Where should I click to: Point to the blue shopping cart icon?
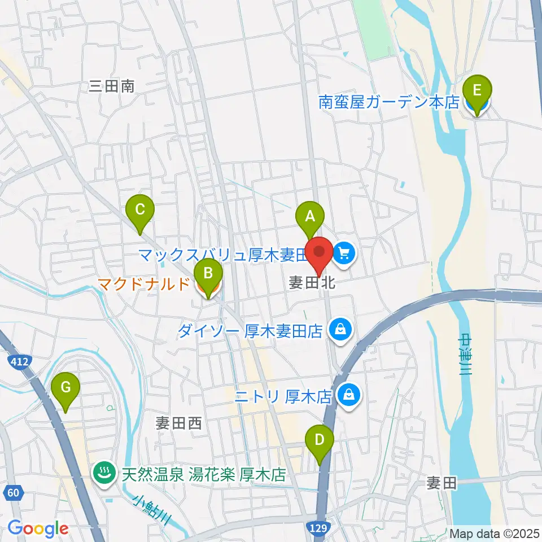[344, 253]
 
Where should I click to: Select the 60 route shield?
[15, 493]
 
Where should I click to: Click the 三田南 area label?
[112, 86]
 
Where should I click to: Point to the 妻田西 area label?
[178, 423]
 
